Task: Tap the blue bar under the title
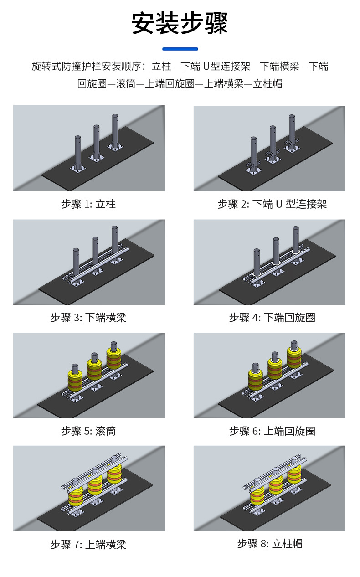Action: tap(180, 49)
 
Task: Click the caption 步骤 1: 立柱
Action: tap(88, 204)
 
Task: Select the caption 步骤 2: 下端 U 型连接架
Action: tap(272, 204)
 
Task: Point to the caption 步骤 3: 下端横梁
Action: tap(88, 318)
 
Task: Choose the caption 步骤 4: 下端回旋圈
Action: tap(272, 318)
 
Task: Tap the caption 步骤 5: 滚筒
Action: tap(88, 431)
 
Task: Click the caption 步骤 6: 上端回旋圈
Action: tap(272, 431)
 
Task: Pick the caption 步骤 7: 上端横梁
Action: tap(88, 544)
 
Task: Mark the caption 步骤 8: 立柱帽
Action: tap(270, 543)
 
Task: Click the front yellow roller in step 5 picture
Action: tap(75, 380)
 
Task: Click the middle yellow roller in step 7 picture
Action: tap(95, 485)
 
